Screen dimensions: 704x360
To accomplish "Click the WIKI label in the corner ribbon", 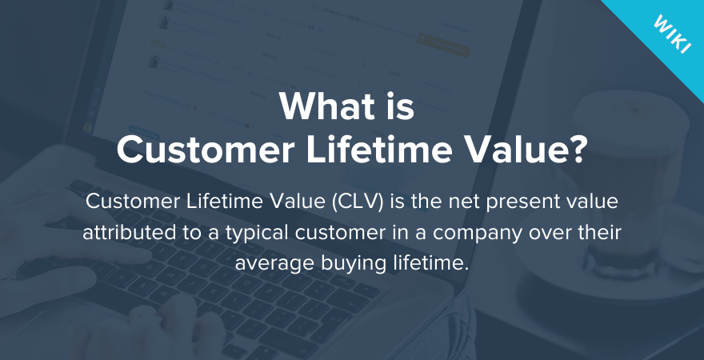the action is pos(672,34).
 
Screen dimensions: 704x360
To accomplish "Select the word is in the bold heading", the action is pos(399,106).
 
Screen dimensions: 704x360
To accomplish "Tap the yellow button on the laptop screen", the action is pos(443,43).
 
